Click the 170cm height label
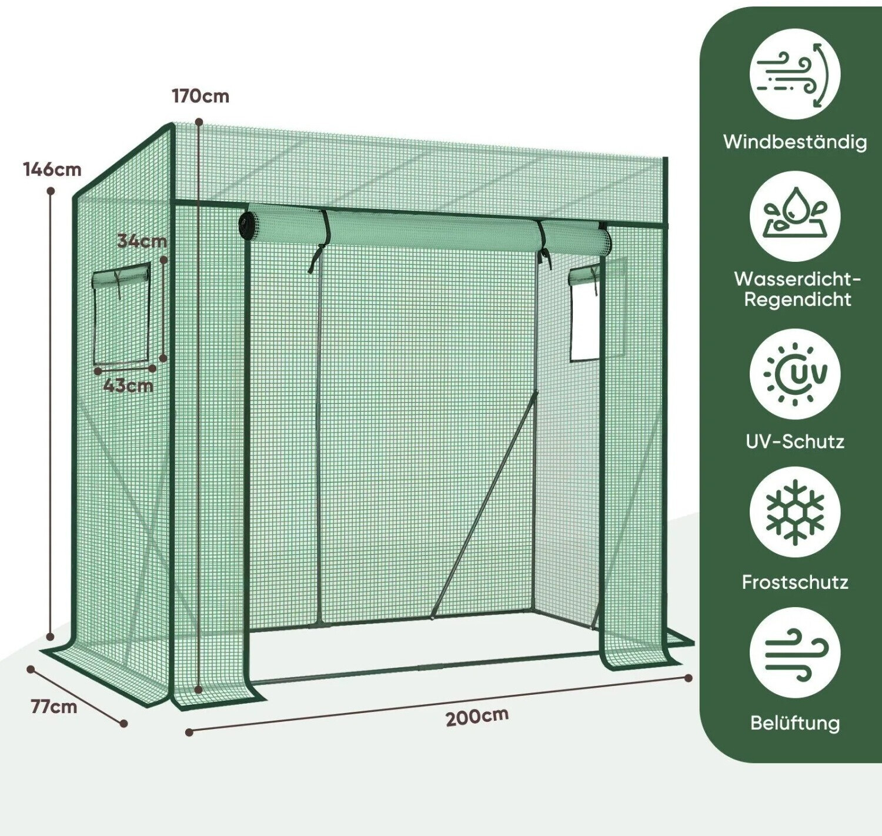(x=201, y=96)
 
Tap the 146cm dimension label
(x=52, y=169)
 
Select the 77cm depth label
(x=54, y=707)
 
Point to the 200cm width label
(x=477, y=717)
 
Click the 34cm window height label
(x=142, y=241)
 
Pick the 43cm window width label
(x=128, y=385)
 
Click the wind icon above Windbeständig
(x=794, y=74)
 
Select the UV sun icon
(x=794, y=374)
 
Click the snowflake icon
(x=794, y=512)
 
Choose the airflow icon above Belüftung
(x=794, y=652)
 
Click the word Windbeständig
(x=794, y=142)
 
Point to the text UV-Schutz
(x=794, y=442)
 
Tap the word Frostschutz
(x=794, y=582)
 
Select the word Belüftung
(x=794, y=723)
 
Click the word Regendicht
(x=797, y=299)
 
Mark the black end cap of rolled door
(x=246, y=222)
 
